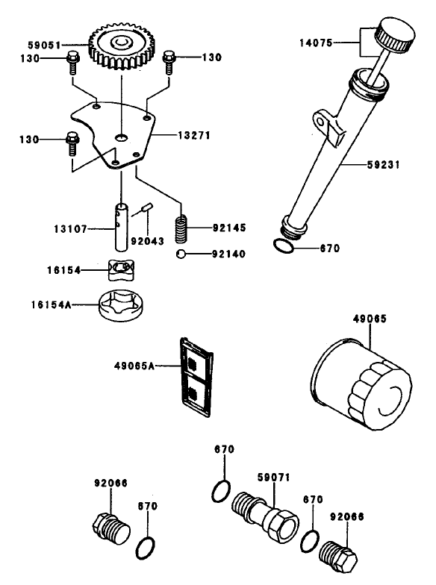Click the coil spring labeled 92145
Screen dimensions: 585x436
point(181,228)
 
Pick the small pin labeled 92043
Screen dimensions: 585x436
point(146,208)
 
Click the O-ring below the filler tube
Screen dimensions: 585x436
point(283,247)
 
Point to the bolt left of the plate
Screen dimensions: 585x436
point(72,143)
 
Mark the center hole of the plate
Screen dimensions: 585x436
point(121,137)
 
